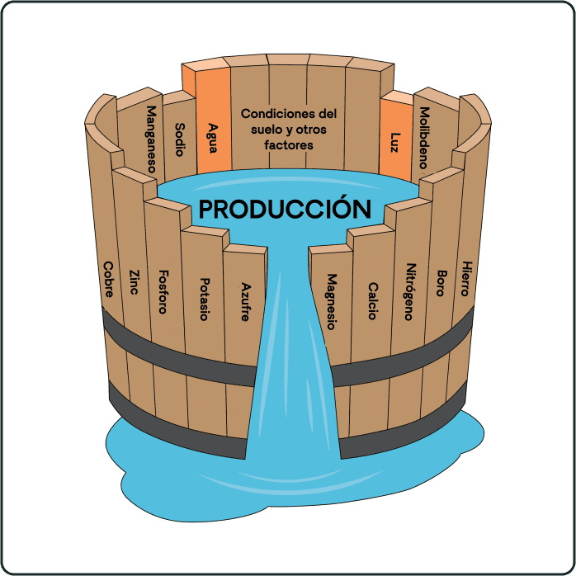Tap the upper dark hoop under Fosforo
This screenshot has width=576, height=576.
pos(169,348)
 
